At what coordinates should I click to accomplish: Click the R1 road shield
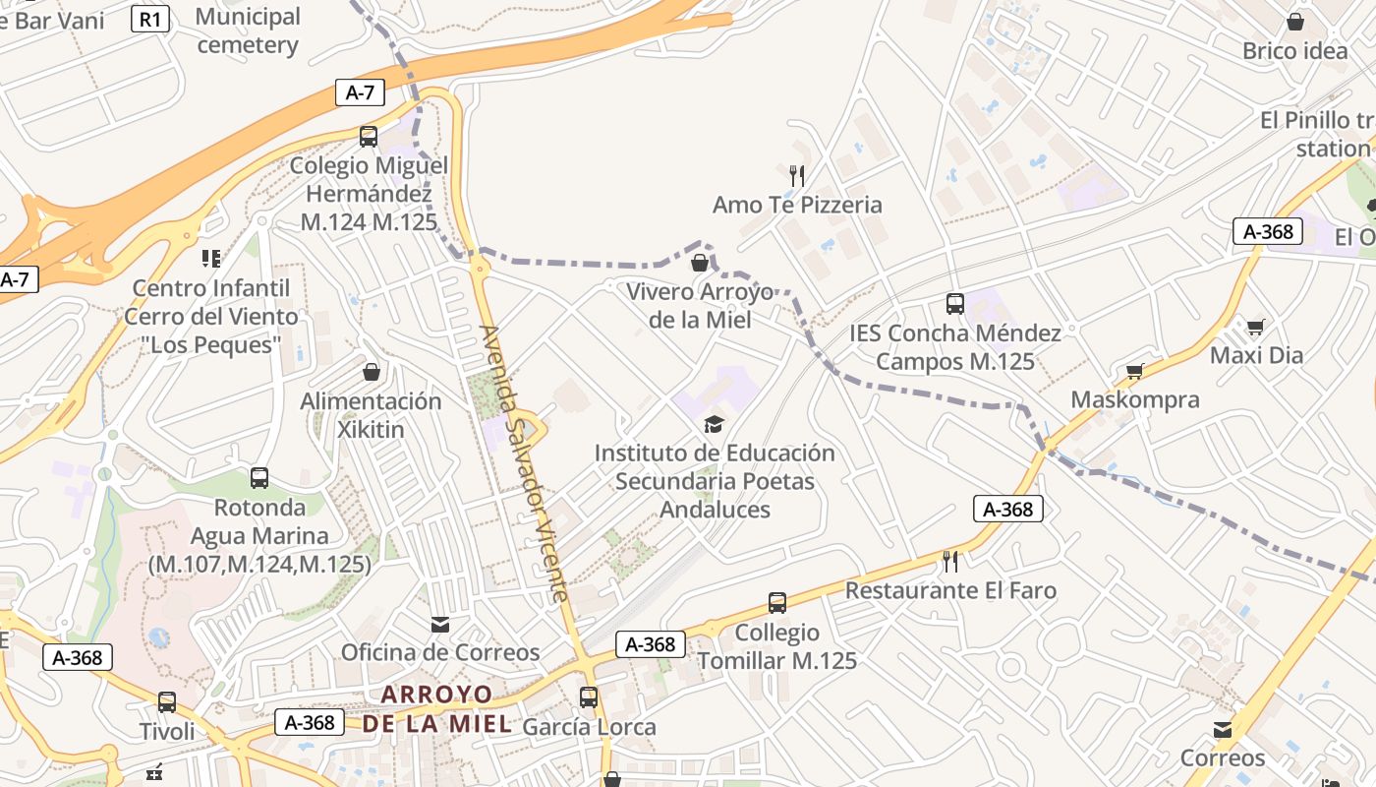point(150,18)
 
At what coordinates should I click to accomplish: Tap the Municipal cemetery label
point(248,30)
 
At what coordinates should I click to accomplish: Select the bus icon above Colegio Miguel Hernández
point(369,137)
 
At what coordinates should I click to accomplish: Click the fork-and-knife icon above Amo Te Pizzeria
point(797,176)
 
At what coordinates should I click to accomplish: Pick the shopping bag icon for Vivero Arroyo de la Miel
point(700,263)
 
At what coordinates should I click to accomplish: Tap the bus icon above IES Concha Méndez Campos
point(954,303)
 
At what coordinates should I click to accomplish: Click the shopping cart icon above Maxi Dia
point(1255,327)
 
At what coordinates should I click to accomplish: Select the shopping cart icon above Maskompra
point(1134,371)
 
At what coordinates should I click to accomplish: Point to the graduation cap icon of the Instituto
point(714,424)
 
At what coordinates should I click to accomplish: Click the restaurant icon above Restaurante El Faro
point(950,562)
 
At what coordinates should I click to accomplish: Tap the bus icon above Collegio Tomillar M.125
point(776,602)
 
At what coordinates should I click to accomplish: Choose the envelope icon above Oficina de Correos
point(440,624)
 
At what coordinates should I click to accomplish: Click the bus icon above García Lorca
point(588,697)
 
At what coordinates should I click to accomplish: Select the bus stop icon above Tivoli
point(167,702)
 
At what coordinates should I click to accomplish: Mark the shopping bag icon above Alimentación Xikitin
point(372,372)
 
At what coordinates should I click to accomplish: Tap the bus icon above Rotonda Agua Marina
point(259,478)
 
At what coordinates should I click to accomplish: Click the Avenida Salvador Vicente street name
point(524,462)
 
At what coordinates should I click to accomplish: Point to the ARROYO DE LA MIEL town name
point(436,709)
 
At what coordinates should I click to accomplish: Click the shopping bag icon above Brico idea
point(1295,22)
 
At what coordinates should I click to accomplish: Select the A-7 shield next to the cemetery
point(360,92)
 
